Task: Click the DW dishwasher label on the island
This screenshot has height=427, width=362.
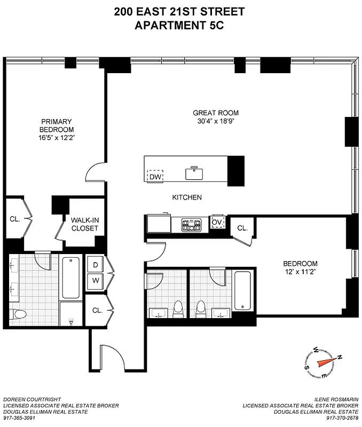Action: click(x=155, y=177)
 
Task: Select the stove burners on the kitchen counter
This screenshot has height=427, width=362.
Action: click(x=191, y=224)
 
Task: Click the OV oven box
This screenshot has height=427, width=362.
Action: click(x=217, y=223)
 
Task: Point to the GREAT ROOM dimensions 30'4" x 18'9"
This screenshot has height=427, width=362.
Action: click(x=216, y=121)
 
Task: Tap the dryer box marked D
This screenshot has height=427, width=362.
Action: click(x=96, y=265)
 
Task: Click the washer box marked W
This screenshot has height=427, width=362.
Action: click(x=96, y=280)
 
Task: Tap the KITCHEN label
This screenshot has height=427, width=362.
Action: click(x=187, y=197)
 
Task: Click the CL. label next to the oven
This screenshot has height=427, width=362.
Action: click(x=242, y=228)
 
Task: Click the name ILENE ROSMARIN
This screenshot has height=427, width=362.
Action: click(x=336, y=399)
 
